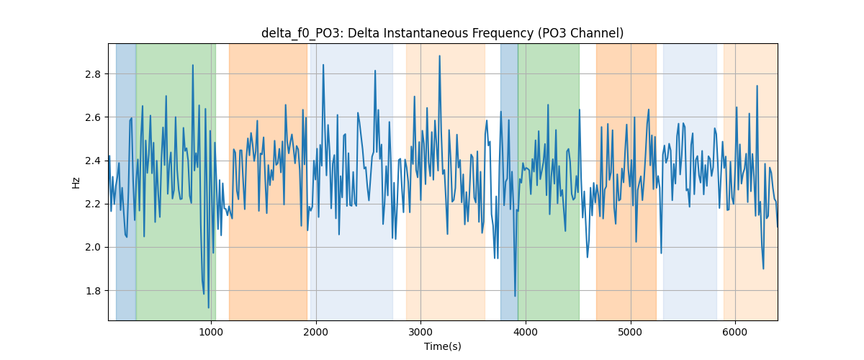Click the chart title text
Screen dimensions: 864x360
[442, 33]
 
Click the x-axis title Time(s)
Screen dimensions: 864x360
[442, 346]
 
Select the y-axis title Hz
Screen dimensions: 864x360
[76, 182]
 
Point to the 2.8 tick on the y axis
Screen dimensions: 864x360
[93, 74]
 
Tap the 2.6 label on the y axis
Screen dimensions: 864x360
[93, 117]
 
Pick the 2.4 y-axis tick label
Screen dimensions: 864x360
[93, 161]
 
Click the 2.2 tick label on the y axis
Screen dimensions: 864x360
[93, 204]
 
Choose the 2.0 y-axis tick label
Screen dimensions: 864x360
[93, 248]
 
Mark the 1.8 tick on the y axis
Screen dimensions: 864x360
[93, 291]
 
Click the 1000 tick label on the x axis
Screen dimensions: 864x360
[211, 332]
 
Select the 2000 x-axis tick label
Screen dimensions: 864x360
[316, 332]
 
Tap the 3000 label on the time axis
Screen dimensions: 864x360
[420, 332]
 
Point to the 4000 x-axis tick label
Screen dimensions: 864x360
[526, 332]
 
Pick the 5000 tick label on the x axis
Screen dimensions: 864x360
[630, 332]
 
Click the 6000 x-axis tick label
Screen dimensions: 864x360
[735, 332]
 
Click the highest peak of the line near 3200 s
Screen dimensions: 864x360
[439, 56]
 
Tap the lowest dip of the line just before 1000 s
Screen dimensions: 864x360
[209, 307]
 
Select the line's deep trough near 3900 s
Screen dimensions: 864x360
[515, 296]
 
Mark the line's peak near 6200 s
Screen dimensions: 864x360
[757, 86]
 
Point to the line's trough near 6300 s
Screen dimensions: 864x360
[763, 269]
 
